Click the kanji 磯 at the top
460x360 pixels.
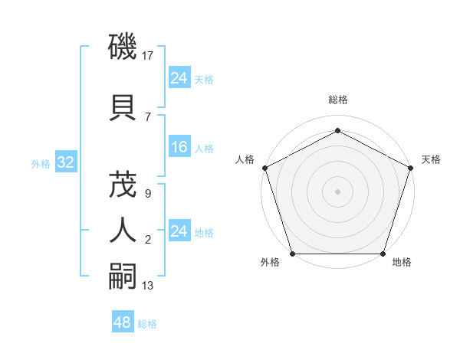click(x=123, y=48)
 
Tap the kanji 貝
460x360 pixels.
click(x=123, y=106)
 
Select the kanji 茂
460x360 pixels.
click(x=123, y=186)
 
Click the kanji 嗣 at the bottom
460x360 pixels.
click(x=123, y=275)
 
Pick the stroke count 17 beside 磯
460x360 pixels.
click(x=149, y=56)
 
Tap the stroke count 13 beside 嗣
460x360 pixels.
click(x=149, y=286)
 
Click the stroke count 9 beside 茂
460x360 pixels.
click(x=148, y=194)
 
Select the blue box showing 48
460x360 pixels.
click(x=123, y=322)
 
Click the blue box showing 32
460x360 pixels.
click(x=65, y=162)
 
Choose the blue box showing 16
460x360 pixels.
click(x=179, y=147)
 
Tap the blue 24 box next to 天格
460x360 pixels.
click(x=179, y=78)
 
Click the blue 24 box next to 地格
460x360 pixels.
click(x=179, y=231)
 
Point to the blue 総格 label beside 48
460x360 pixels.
click(x=147, y=324)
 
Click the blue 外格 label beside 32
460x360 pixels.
click(x=41, y=163)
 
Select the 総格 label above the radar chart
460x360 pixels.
click(x=337, y=100)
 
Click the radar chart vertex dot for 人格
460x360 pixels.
click(x=264, y=167)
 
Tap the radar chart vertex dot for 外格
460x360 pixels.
click(x=292, y=253)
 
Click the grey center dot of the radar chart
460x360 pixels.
click(x=337, y=191)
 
